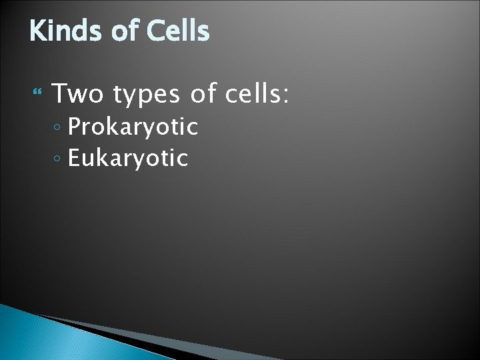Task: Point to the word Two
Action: [78, 94]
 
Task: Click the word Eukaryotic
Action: [129, 159]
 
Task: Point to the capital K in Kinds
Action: [37, 31]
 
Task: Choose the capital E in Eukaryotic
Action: [75, 158]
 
